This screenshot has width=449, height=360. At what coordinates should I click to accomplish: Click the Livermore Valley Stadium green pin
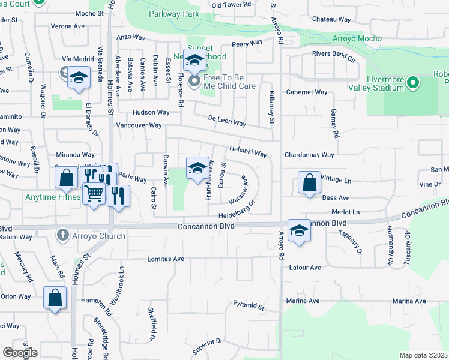point(412,82)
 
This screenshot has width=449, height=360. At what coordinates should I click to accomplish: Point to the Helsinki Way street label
point(248,152)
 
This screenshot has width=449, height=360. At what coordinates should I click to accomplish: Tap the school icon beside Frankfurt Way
point(197,169)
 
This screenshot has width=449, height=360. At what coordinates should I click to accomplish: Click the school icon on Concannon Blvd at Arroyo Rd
point(298,231)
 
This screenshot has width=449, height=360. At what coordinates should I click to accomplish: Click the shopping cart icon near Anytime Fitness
point(94,194)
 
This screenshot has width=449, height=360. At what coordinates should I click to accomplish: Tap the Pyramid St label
point(249,306)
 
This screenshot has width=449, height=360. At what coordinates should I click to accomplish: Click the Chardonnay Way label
point(309,155)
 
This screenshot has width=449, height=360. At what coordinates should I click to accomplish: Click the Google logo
point(20,352)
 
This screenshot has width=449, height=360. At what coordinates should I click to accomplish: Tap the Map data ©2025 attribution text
point(423,355)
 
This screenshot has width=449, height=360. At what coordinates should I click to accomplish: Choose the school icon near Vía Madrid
point(79,78)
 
